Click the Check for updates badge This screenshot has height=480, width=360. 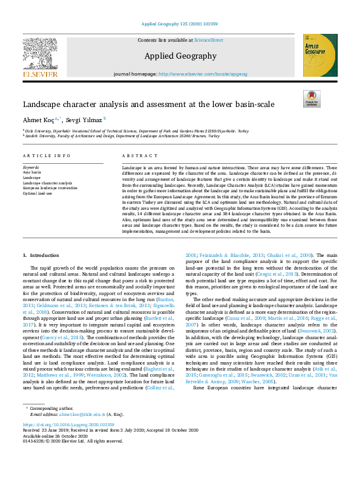click(312, 99)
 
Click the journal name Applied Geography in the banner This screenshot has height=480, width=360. click(180, 56)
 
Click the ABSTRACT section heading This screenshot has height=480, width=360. click(136, 156)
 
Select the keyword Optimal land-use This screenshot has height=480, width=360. click(38, 193)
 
